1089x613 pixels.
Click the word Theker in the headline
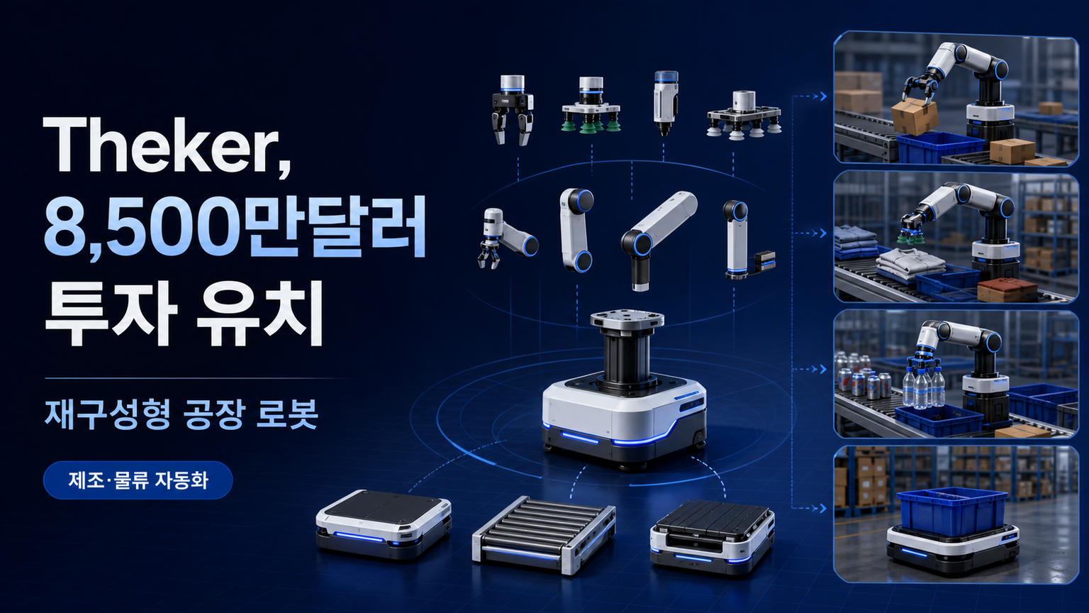[x=168, y=144]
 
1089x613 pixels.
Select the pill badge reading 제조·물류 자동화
[x=138, y=480]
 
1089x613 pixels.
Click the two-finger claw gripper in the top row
[x=511, y=110]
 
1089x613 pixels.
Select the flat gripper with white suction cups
[x=744, y=115]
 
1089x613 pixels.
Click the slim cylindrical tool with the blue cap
[x=665, y=103]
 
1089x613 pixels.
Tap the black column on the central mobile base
[x=627, y=358]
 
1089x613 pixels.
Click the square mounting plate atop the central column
[x=627, y=318]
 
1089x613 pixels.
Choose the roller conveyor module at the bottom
[x=544, y=535]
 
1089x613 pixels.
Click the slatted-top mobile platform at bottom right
[x=713, y=535]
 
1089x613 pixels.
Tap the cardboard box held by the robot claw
[x=915, y=116]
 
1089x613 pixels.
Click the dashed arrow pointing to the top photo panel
[x=810, y=96]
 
